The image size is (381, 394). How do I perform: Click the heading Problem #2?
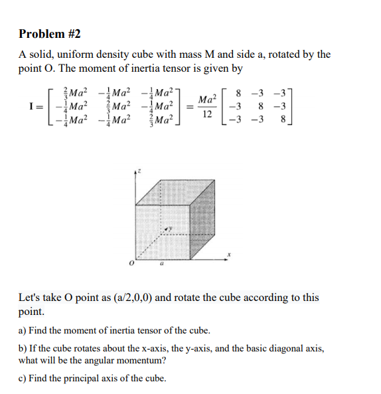50,34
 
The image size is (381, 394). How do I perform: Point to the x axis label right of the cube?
228,254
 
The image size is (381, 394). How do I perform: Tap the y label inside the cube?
169,229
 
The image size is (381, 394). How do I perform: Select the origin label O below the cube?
131,264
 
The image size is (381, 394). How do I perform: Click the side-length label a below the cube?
160,263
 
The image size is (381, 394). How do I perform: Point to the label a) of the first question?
23,330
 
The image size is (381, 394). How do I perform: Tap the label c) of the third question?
23,378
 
